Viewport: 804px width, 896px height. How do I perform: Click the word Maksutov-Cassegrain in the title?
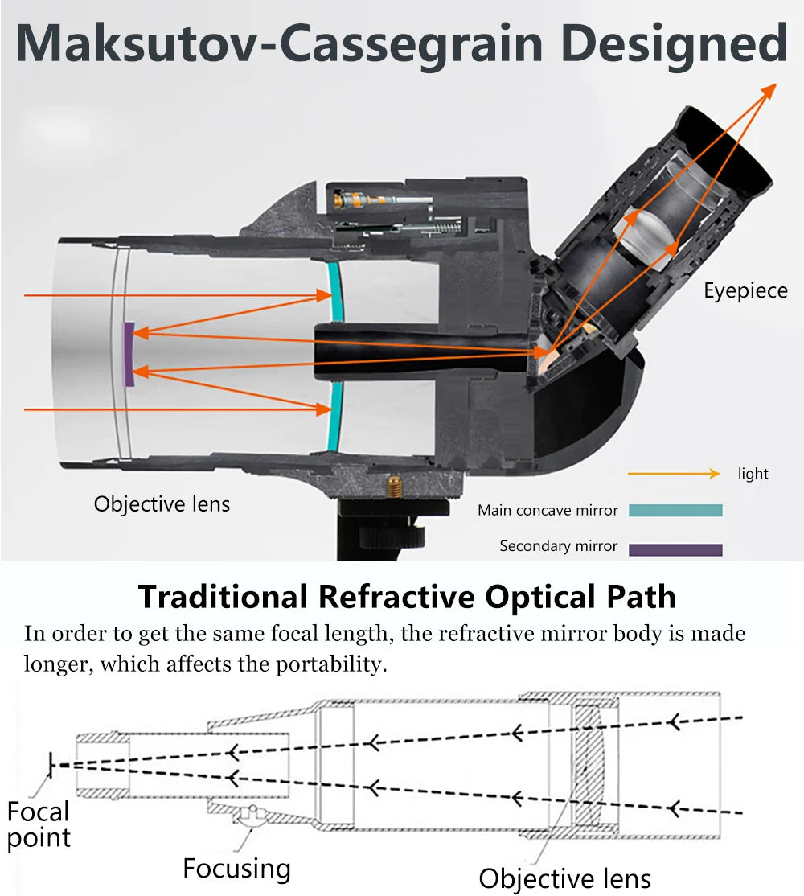click(x=280, y=43)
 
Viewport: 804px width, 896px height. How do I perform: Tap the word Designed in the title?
click(x=675, y=44)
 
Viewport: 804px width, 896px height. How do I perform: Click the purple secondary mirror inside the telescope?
click(x=129, y=354)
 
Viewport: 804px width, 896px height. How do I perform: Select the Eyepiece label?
click(x=745, y=291)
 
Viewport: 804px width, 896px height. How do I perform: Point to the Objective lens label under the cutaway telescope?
click(x=162, y=504)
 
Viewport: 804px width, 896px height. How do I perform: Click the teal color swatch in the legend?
click(x=675, y=510)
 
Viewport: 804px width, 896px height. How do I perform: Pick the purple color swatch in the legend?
click(x=675, y=549)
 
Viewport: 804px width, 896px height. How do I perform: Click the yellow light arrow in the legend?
click(x=674, y=474)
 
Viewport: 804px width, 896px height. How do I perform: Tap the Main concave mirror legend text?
click(x=548, y=510)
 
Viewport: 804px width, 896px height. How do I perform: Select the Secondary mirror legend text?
click(x=559, y=546)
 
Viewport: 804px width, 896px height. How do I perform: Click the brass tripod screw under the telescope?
click(x=394, y=487)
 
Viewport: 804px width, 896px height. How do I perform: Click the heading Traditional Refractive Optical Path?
click(x=407, y=597)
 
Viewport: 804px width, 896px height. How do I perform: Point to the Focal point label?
click(x=39, y=824)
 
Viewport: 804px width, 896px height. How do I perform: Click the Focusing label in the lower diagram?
click(x=236, y=869)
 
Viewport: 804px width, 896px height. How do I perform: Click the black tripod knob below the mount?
click(x=392, y=536)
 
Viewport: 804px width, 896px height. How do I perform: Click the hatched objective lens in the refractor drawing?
click(x=589, y=765)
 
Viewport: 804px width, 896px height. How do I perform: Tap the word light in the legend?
click(x=753, y=474)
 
